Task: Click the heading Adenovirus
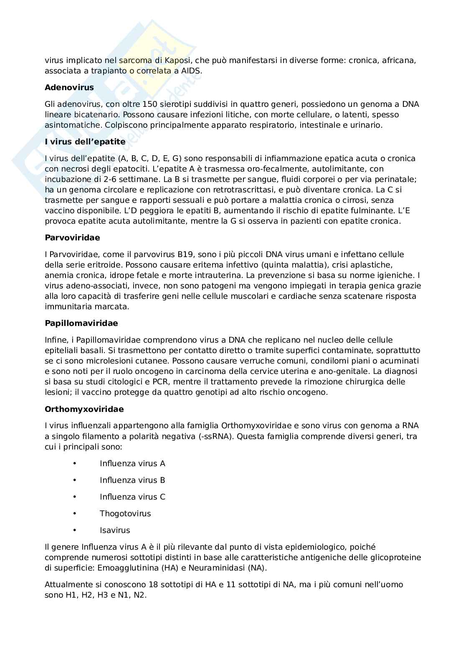(69, 88)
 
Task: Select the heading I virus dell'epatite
(85, 142)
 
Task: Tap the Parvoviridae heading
(72, 238)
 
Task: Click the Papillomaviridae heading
(81, 323)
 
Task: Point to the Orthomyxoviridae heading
(84, 409)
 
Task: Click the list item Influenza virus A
(132, 464)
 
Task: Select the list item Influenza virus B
(132, 480)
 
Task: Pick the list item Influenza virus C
(132, 497)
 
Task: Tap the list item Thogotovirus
(125, 514)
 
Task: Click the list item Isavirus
(115, 530)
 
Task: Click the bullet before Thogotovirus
(75, 513)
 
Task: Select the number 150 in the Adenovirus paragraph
(149, 104)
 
